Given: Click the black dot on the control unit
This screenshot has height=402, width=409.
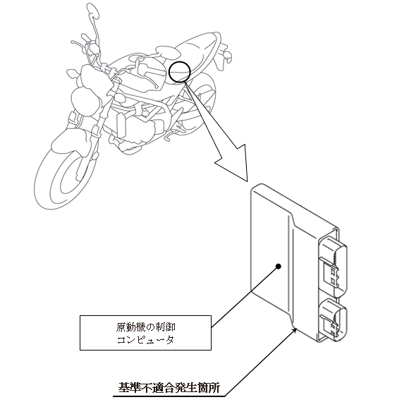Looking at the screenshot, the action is tap(279, 267).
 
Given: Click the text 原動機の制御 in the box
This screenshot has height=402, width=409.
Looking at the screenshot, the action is tap(145, 327).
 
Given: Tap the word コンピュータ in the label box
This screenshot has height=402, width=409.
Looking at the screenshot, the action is tap(145, 340).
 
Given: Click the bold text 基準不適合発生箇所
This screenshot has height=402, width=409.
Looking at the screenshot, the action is tap(169, 388).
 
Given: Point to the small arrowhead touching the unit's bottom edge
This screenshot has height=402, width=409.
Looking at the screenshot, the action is tap(295, 329).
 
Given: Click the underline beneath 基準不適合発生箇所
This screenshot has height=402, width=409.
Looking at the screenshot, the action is tap(169, 396).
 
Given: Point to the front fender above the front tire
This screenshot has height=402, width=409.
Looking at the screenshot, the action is tap(70, 143).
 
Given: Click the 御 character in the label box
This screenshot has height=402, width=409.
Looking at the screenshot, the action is tap(171, 327).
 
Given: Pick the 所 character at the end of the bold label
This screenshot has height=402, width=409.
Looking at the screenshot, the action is tap(214, 388).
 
